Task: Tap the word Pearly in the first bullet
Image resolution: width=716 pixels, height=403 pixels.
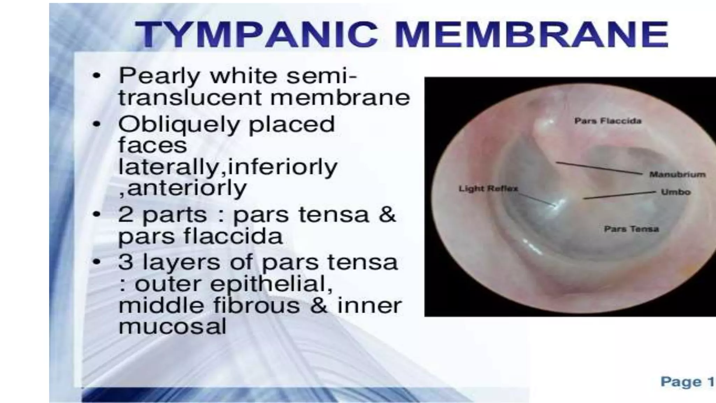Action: [x=159, y=76]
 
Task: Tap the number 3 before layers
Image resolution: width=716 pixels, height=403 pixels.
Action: [x=126, y=262]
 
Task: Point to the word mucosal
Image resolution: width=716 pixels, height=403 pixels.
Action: [x=173, y=327]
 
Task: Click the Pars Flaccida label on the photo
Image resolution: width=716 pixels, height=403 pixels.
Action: [x=608, y=121]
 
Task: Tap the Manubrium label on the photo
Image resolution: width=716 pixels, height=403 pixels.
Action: [x=677, y=174]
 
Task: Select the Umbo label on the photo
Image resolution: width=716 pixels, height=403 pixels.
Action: [x=675, y=192]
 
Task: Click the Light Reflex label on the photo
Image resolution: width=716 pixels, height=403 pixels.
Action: [x=488, y=189]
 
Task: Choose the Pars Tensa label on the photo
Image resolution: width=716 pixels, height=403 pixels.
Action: [x=631, y=229]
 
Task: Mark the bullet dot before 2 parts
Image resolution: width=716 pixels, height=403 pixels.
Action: [x=97, y=214]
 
